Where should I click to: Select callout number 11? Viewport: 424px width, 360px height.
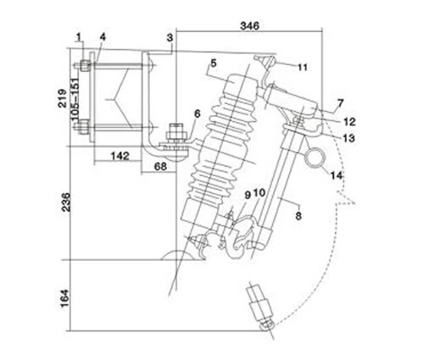tap(303, 64)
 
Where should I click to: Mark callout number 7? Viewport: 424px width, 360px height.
tap(339, 103)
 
